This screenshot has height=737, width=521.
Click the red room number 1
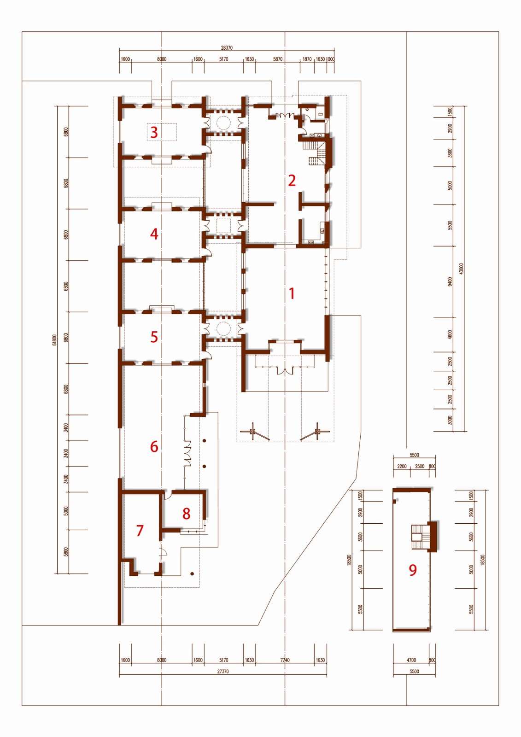pos(292,293)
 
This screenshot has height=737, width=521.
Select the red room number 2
pos(292,180)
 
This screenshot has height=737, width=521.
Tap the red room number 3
pos(154,133)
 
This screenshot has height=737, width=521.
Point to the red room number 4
pos(154,234)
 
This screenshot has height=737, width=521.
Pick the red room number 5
pos(154,337)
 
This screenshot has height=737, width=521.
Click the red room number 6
pos(154,446)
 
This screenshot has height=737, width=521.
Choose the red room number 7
pos(140,531)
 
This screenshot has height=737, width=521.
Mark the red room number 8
pos(186,514)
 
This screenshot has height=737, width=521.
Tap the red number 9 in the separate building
pos(413,570)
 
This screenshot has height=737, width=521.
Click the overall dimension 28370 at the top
pos(227,47)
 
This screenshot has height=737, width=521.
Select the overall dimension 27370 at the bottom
pos(223,672)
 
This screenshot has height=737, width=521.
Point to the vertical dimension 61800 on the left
pos(54,340)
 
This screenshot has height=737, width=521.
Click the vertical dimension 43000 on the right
pos(461,269)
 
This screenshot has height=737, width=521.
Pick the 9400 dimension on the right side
pos(450,281)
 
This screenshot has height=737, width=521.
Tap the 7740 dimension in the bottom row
pos(285,660)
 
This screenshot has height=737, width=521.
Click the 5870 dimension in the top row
pos(278,59)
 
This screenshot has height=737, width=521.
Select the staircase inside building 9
pos(420,536)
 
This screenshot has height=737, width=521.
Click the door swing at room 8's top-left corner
pos(168,496)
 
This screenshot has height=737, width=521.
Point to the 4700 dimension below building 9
pos(411,660)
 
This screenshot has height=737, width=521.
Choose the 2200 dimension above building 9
pos(402,467)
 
